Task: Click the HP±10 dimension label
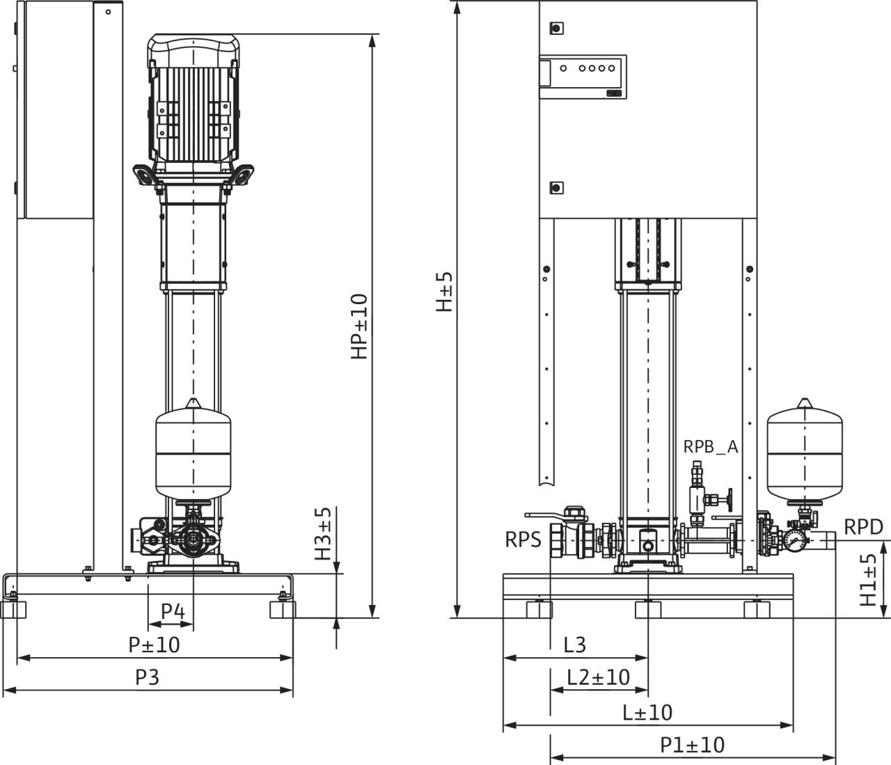359,326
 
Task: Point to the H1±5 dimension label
868,580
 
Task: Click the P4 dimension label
173,611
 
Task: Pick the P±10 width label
155,645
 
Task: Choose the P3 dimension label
147,677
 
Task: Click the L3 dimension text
574,645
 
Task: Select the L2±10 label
599,677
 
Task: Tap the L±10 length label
647,712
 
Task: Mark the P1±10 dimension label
693,745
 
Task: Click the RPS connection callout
523,539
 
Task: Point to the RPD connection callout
863,527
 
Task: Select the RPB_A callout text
710,447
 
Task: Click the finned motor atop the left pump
193,101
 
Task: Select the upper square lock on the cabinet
555,29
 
